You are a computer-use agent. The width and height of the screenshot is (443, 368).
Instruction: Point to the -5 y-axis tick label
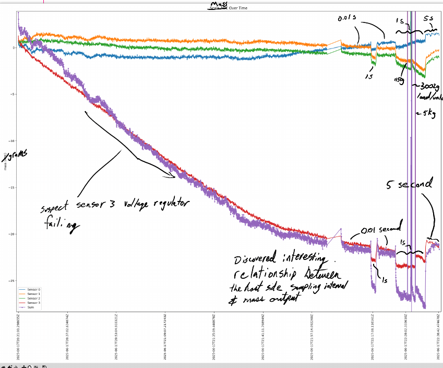13,94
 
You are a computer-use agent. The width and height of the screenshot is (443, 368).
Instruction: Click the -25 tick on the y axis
12,281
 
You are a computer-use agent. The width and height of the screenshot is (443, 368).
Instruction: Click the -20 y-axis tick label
12,234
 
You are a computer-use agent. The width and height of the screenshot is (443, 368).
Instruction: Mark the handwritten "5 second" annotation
409,184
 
